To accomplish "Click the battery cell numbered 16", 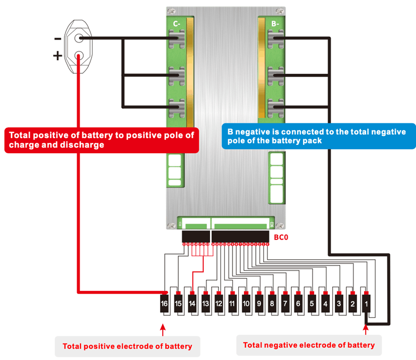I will (x=164, y=303).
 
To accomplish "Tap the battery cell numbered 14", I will (x=191, y=303).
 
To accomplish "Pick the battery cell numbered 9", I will (x=258, y=303).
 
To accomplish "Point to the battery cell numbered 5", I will (x=312, y=303).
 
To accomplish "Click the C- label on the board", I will (x=176, y=23).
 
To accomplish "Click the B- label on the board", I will (x=276, y=23).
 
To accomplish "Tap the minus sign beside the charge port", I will (x=57, y=38).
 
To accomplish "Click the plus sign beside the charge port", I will (x=57, y=56).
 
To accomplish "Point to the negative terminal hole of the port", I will (x=79, y=38).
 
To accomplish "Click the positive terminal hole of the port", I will (x=79, y=56).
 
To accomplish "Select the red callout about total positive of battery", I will (x=101, y=140).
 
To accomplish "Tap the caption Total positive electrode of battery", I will (x=127, y=346).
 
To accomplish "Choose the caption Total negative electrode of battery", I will (x=309, y=345).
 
